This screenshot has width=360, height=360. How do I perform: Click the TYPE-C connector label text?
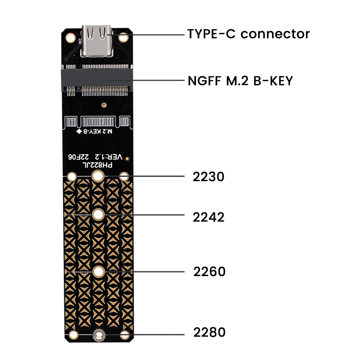[248, 34]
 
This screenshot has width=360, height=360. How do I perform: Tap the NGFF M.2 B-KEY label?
[240, 81]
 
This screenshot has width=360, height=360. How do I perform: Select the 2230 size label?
[208, 177]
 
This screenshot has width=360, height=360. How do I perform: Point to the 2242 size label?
[208, 217]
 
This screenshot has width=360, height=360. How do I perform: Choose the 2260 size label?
[209, 271]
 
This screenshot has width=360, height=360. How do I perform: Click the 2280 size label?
[209, 332]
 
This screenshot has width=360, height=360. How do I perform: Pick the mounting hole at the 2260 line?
[98, 272]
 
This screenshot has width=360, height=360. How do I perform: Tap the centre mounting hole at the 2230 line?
[98, 176]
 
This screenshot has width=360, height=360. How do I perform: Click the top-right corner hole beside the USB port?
[124, 37]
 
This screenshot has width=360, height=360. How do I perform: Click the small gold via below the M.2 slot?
[104, 105]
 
